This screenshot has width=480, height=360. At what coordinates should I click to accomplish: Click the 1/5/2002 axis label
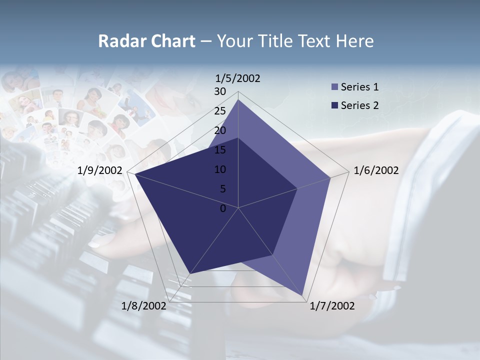pyautogui.click(x=238, y=78)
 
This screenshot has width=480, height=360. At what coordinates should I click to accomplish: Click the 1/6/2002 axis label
pyautogui.click(x=376, y=170)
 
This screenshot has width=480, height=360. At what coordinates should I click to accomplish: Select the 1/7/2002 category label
pyautogui.click(x=332, y=305)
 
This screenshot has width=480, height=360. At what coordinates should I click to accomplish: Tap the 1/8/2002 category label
pyautogui.click(x=144, y=305)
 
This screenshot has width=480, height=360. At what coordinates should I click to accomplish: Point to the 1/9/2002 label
pyautogui.click(x=100, y=170)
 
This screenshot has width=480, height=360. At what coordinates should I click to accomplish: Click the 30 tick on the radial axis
pyautogui.click(x=220, y=91)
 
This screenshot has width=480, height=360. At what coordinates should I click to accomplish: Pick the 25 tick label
pyautogui.click(x=220, y=111)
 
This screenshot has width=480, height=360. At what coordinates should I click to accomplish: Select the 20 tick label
pyautogui.click(x=220, y=130)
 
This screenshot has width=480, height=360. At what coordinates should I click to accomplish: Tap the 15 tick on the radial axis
pyautogui.click(x=220, y=150)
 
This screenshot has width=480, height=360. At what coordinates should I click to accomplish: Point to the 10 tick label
pyautogui.click(x=220, y=169)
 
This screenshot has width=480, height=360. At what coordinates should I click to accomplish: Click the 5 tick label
pyautogui.click(x=222, y=189)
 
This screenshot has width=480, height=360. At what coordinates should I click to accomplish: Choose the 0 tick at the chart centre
pyautogui.click(x=223, y=208)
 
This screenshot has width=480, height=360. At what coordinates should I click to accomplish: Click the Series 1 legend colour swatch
pyautogui.click(x=334, y=87)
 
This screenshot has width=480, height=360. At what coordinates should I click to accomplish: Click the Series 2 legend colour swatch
pyautogui.click(x=334, y=105)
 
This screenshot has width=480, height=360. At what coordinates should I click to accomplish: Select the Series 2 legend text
pyautogui.click(x=359, y=105)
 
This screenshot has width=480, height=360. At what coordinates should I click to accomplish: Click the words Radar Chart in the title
pyautogui.click(x=146, y=41)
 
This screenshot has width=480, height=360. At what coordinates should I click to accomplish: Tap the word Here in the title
pyautogui.click(x=354, y=41)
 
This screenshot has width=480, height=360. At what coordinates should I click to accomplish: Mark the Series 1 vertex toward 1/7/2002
pyautogui.click(x=303, y=295)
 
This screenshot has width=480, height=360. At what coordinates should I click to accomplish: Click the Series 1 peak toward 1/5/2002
pyautogui.click(x=238, y=99)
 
